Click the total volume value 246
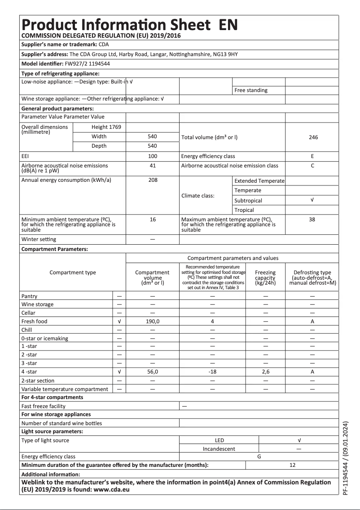[x=313, y=137]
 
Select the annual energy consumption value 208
[x=152, y=180]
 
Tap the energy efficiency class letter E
[x=312, y=157]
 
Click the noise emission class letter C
[x=312, y=166]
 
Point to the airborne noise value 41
[x=152, y=166]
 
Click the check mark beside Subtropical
[x=312, y=200]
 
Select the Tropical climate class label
[x=244, y=210]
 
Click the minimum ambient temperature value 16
[x=152, y=220]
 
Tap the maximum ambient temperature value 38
[x=312, y=220]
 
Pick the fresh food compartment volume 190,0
[x=152, y=321]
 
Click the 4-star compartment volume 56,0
[x=152, y=372]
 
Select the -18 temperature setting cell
[x=213, y=372]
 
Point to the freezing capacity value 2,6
[x=265, y=372]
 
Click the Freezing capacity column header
[x=265, y=277]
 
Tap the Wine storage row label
[x=37, y=304]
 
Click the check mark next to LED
[x=299, y=440]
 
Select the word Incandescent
[x=219, y=448]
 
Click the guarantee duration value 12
[x=292, y=465]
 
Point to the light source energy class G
[x=259, y=457]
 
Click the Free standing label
[x=251, y=90]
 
